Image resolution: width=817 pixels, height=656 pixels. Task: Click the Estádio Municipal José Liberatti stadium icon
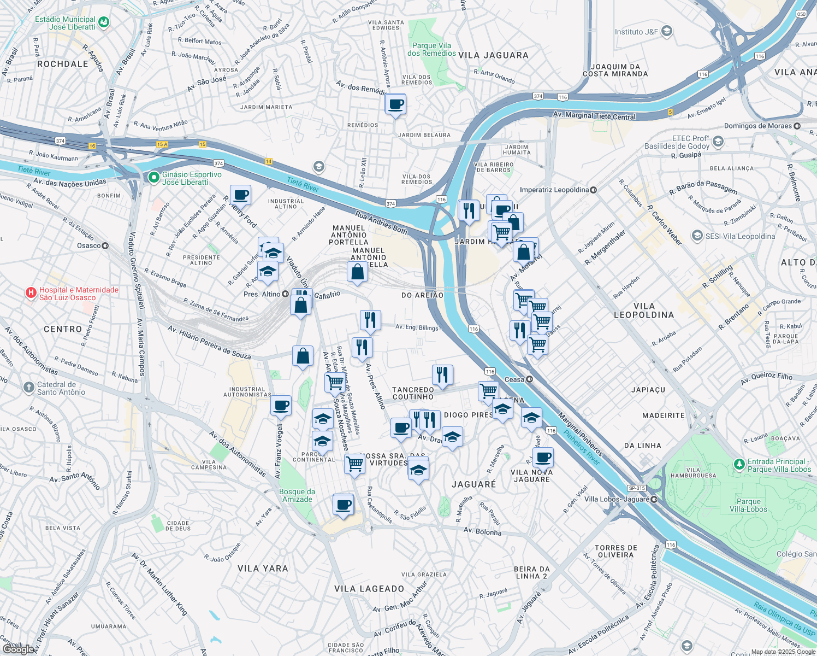(104, 22)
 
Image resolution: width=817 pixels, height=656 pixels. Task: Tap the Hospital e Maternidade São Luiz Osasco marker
(31, 294)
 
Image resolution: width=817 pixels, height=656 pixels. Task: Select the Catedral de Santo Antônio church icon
(29, 388)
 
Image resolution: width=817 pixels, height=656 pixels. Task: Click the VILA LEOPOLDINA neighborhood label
(644, 311)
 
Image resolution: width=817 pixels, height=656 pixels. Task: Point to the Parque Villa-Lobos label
(748, 505)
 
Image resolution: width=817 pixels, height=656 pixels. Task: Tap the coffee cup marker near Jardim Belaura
(395, 104)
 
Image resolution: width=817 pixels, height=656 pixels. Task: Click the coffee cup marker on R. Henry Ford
(240, 195)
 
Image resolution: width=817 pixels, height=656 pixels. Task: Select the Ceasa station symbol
(529, 379)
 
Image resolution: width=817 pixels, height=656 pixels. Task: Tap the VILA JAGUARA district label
(493, 55)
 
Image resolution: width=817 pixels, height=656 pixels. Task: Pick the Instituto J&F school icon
(667, 32)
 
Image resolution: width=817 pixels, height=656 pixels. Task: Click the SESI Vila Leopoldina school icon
(697, 236)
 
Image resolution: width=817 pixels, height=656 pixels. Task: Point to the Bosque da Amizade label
(297, 495)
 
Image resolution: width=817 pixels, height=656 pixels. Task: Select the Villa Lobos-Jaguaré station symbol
(654, 499)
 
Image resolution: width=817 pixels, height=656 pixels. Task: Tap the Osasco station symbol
(105, 246)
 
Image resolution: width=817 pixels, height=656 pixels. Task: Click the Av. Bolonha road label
(482, 531)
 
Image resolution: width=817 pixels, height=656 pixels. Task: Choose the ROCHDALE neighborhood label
(63, 64)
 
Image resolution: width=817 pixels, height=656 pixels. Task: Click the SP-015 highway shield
(637, 488)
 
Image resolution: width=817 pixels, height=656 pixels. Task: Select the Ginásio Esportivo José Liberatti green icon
(154, 178)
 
